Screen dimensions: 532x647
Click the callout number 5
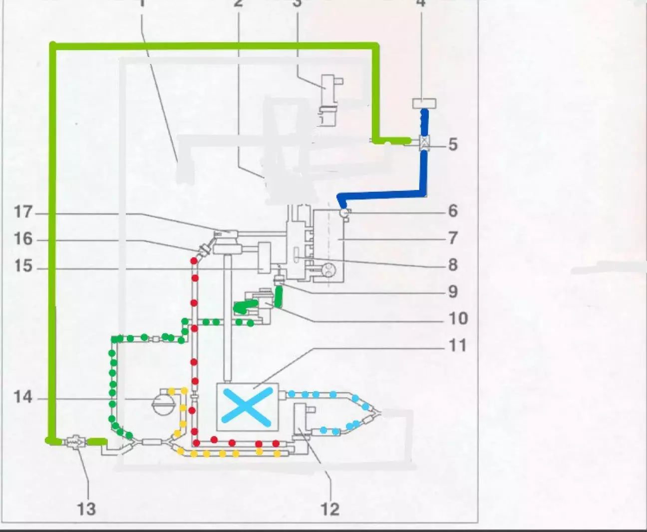pos(453,145)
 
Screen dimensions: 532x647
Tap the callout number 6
pos(453,211)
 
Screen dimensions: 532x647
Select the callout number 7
pos(453,238)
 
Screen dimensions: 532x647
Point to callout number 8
pos(453,265)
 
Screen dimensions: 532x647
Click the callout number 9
pos(453,291)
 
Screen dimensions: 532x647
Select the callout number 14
pos(23,398)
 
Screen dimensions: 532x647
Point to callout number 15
pos(23,266)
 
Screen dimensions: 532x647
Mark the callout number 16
pos(23,239)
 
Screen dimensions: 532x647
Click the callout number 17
pos(23,212)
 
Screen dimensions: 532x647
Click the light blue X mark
pos(248,407)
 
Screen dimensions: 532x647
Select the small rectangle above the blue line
pos(424,104)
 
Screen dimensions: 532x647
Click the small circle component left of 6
pos(343,212)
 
